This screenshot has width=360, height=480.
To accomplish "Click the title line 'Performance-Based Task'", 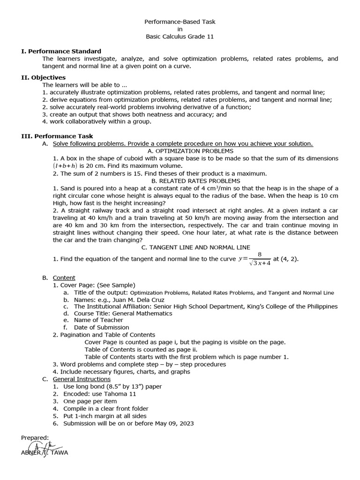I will pyautogui.click(x=180, y=22).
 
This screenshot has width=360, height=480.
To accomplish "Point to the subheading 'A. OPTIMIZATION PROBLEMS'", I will pyautogui.click(x=190, y=151).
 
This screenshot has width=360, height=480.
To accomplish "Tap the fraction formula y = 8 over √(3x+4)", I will pyautogui.click(x=256, y=259).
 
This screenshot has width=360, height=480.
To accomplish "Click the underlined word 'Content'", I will pyautogui.click(x=64, y=277).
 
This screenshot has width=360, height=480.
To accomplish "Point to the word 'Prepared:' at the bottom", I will pyautogui.click(x=35, y=437).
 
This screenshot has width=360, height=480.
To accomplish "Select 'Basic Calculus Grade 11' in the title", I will pyautogui.click(x=180, y=37).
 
